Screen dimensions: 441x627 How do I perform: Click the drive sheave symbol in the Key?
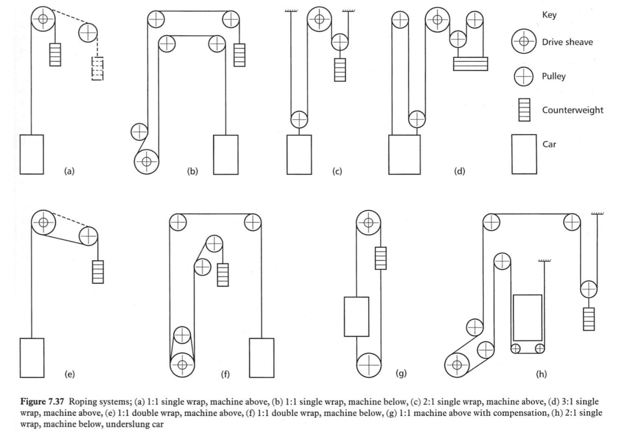click(x=524, y=42)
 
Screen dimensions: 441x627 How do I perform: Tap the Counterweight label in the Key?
click(x=572, y=110)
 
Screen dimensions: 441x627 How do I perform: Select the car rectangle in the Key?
click(x=524, y=154)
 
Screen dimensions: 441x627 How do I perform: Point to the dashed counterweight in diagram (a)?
click(x=97, y=68)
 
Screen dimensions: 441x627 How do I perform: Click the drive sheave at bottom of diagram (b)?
click(x=147, y=162)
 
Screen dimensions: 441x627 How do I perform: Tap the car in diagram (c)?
click(x=299, y=154)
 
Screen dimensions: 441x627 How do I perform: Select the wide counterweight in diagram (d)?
click(x=470, y=64)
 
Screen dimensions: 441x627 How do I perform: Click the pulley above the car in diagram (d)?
click(x=417, y=119)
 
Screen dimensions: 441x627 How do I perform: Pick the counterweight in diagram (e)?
click(x=98, y=272)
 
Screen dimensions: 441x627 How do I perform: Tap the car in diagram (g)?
click(x=357, y=316)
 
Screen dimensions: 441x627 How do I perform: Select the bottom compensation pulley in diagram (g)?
click(x=369, y=364)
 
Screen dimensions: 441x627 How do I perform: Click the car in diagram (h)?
click(x=528, y=318)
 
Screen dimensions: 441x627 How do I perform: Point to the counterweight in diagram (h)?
click(x=589, y=319)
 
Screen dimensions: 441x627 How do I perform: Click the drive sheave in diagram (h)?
click(x=457, y=364)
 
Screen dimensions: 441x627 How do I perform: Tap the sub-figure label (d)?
click(x=459, y=171)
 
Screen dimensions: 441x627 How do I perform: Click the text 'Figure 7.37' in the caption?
click(x=42, y=402)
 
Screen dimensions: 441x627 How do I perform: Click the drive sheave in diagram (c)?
click(x=319, y=19)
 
